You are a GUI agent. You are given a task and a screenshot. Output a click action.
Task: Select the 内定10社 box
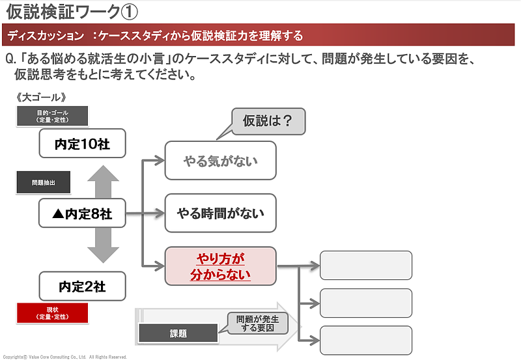[x=81, y=143]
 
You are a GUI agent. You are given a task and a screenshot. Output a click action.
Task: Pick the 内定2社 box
[x=81, y=286]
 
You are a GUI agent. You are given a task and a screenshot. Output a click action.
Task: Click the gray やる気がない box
[x=221, y=160]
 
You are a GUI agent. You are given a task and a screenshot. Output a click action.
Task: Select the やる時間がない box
[x=221, y=213]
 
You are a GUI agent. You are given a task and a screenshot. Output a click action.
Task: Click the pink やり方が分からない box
[x=221, y=266]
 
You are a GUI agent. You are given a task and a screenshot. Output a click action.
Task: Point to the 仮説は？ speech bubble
[x=267, y=120]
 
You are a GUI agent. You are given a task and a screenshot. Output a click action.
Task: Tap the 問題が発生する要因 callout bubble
[x=257, y=323]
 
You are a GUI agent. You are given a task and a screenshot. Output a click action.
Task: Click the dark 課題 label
[x=178, y=333]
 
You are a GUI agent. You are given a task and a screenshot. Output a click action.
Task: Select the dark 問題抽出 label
[x=42, y=183]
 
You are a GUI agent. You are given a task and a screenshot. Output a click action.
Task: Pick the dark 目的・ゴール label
[x=52, y=117]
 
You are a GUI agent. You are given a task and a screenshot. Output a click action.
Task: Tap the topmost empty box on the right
[x=365, y=266]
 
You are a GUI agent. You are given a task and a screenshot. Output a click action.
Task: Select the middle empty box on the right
[x=365, y=303]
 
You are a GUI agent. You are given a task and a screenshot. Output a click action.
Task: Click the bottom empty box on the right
[x=365, y=340]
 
